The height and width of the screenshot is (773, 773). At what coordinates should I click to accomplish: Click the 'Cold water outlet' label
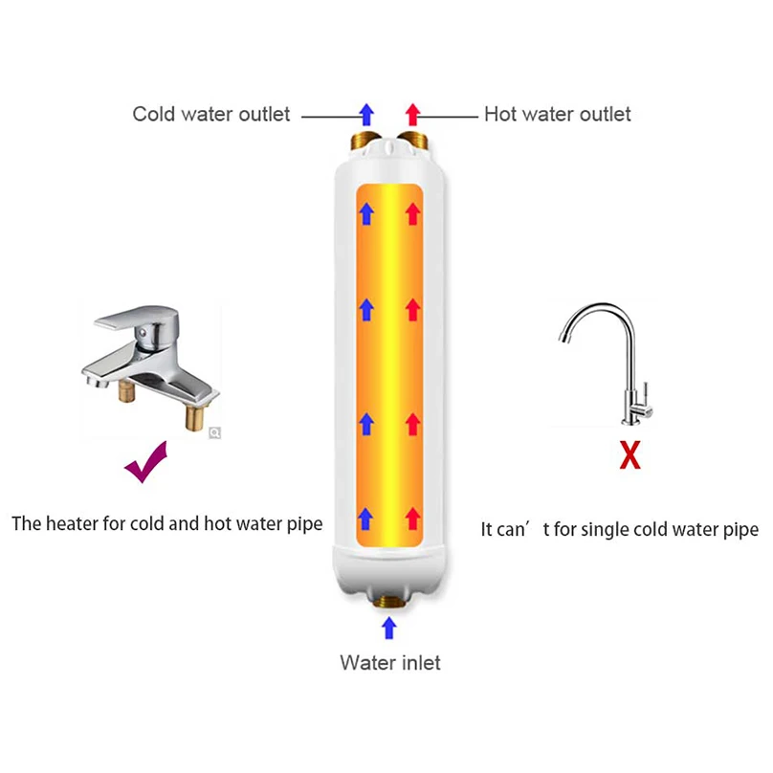[210, 115]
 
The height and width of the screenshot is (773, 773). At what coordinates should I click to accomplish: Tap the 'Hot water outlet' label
[557, 115]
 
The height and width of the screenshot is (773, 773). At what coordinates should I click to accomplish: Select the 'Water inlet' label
[390, 662]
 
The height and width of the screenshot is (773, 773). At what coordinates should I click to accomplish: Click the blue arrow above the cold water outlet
[365, 114]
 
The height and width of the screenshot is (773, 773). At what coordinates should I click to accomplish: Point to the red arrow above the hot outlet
[412, 114]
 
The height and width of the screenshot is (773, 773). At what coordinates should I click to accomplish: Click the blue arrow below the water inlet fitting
[388, 627]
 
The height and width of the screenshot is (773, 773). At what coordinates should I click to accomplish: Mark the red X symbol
[629, 456]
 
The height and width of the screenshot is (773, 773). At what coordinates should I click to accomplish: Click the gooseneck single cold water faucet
[612, 364]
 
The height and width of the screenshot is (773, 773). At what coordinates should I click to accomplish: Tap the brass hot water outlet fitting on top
[412, 144]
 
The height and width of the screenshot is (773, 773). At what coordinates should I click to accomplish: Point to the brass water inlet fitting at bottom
[388, 600]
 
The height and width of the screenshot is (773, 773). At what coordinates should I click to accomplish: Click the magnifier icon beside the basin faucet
[215, 432]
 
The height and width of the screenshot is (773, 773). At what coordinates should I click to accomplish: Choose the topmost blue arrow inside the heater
[365, 211]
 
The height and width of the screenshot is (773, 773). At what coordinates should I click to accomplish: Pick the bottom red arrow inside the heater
[412, 518]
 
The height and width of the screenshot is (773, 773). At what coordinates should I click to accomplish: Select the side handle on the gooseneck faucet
[647, 392]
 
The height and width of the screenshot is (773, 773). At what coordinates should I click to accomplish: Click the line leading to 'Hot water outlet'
[451, 116]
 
